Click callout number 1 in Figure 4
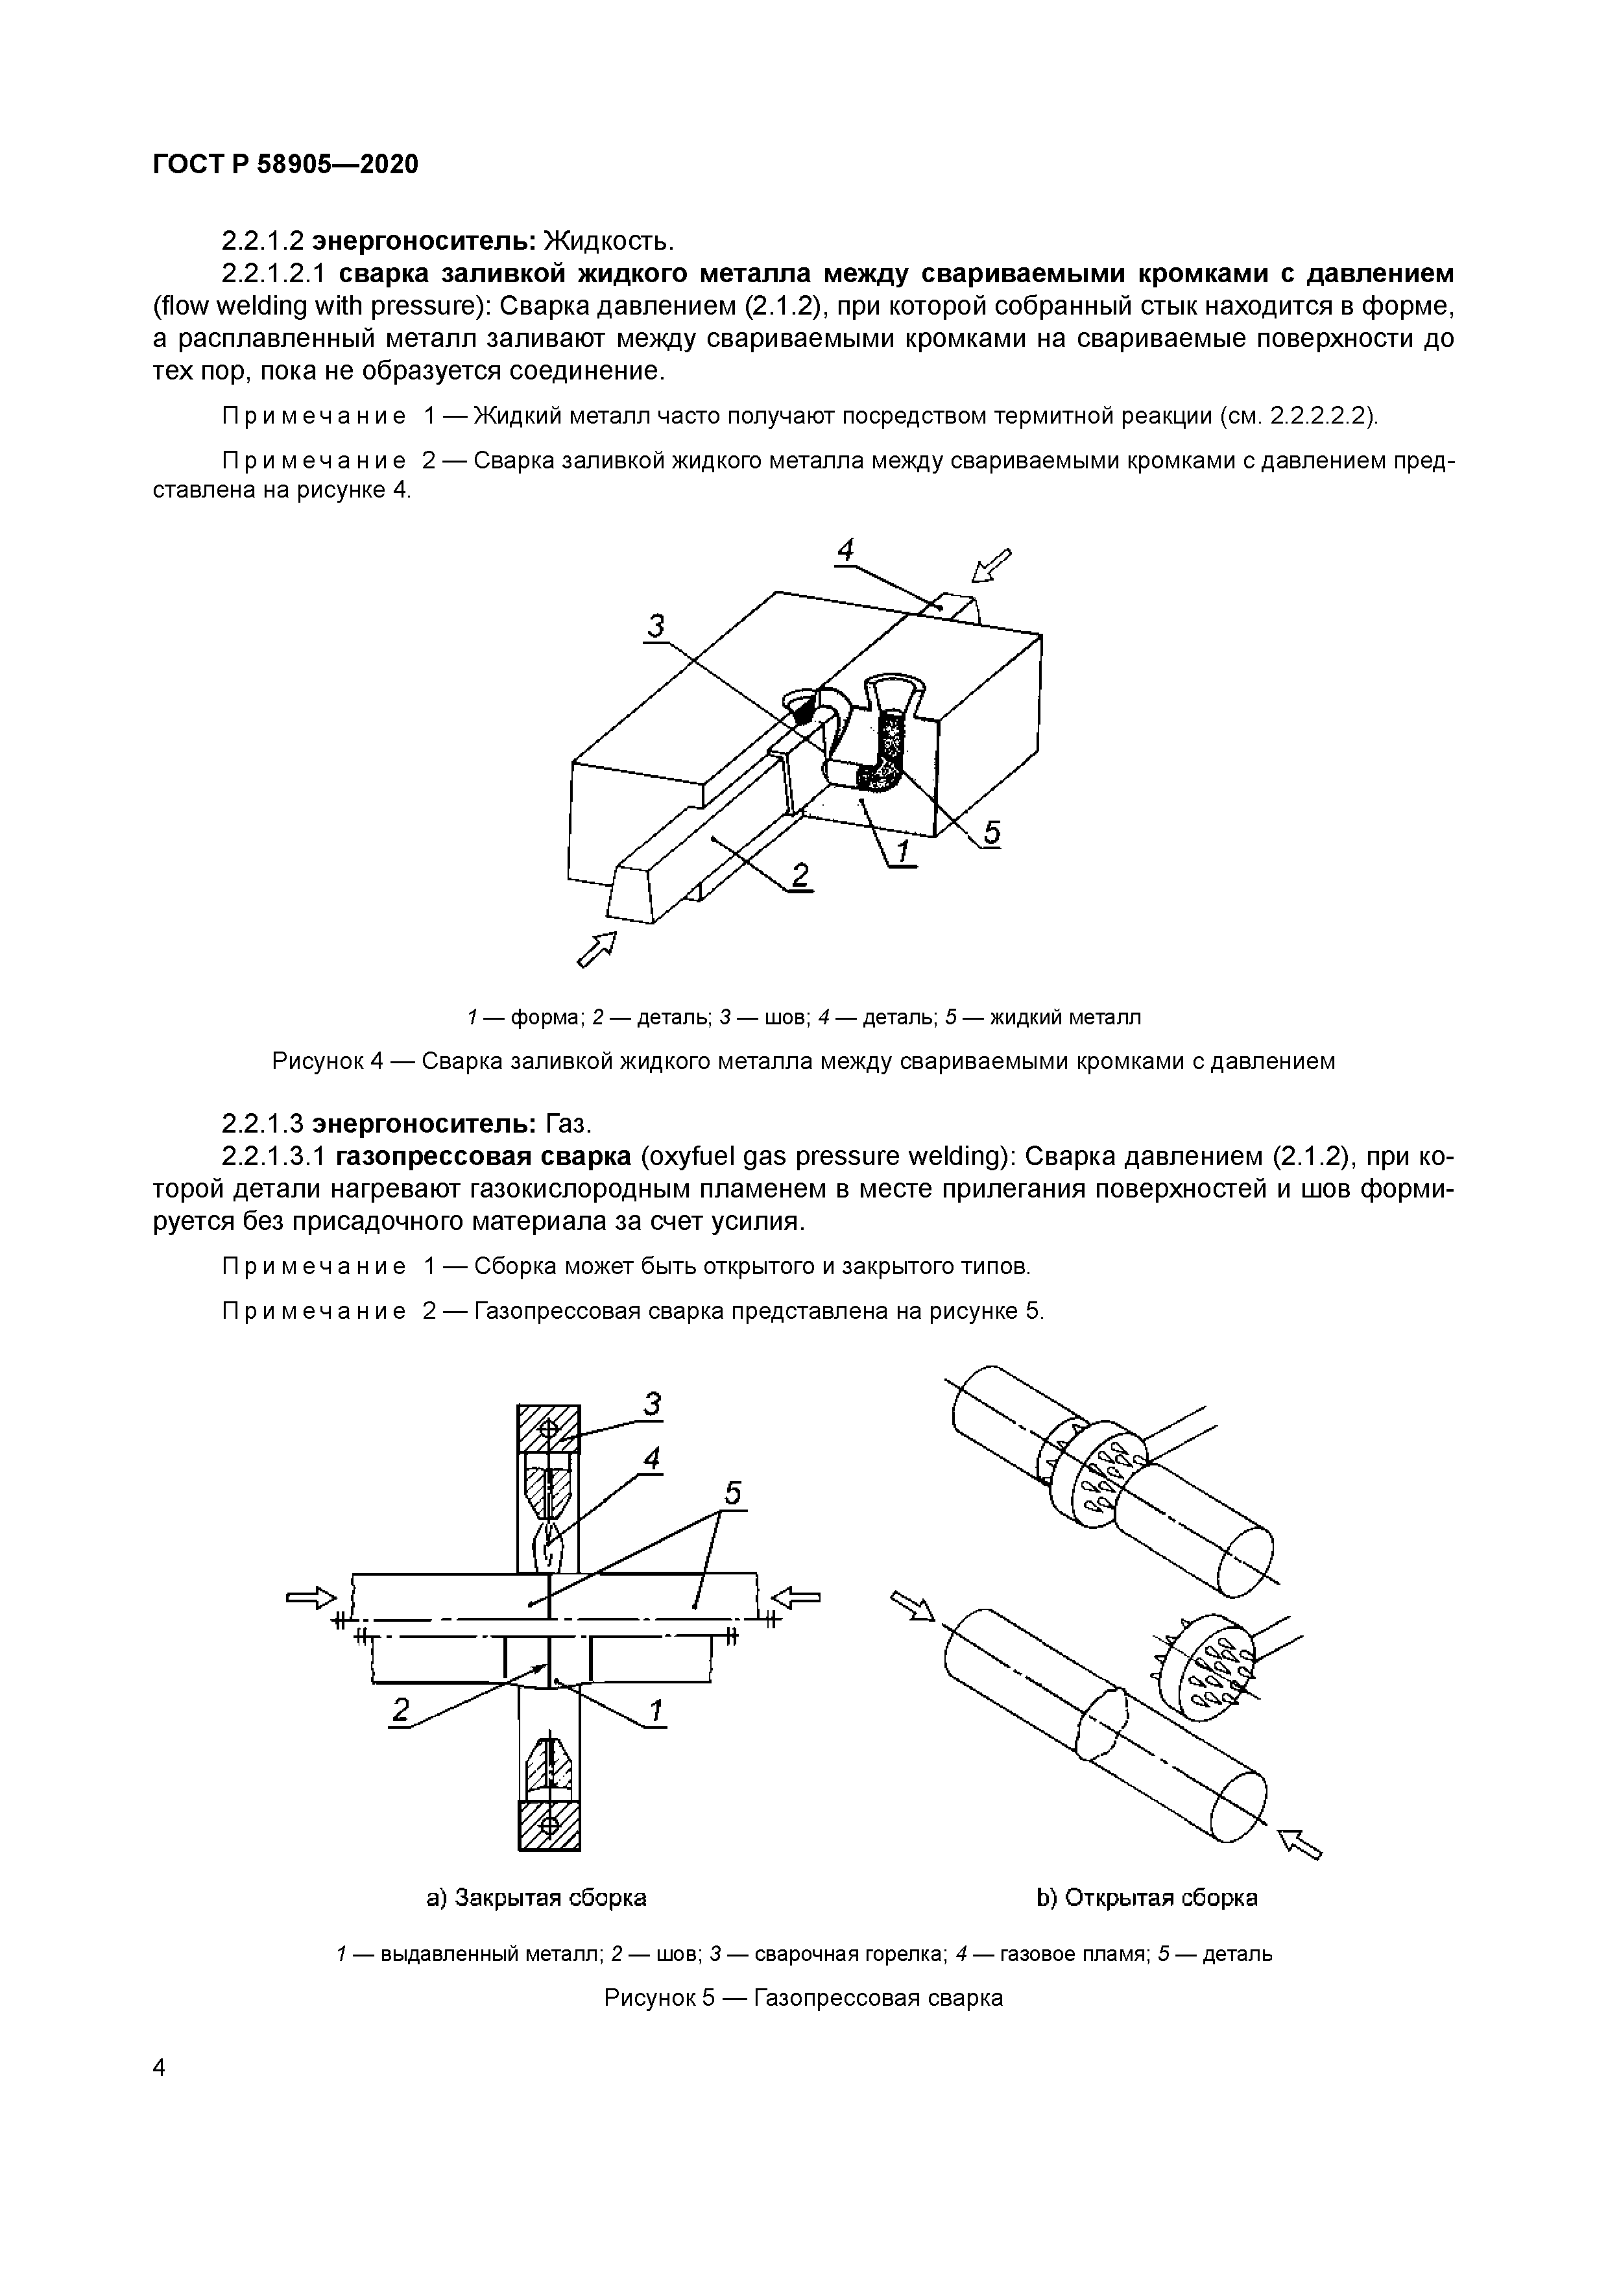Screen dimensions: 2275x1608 coord(902,850)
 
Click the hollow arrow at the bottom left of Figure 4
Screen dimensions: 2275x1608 coord(597,948)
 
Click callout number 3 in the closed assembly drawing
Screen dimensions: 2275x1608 coord(652,1404)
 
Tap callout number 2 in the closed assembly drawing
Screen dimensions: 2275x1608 coord(400,1711)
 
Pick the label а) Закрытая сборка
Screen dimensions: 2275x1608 coord(536,1897)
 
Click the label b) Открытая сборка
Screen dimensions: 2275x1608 coord(1146,1897)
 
